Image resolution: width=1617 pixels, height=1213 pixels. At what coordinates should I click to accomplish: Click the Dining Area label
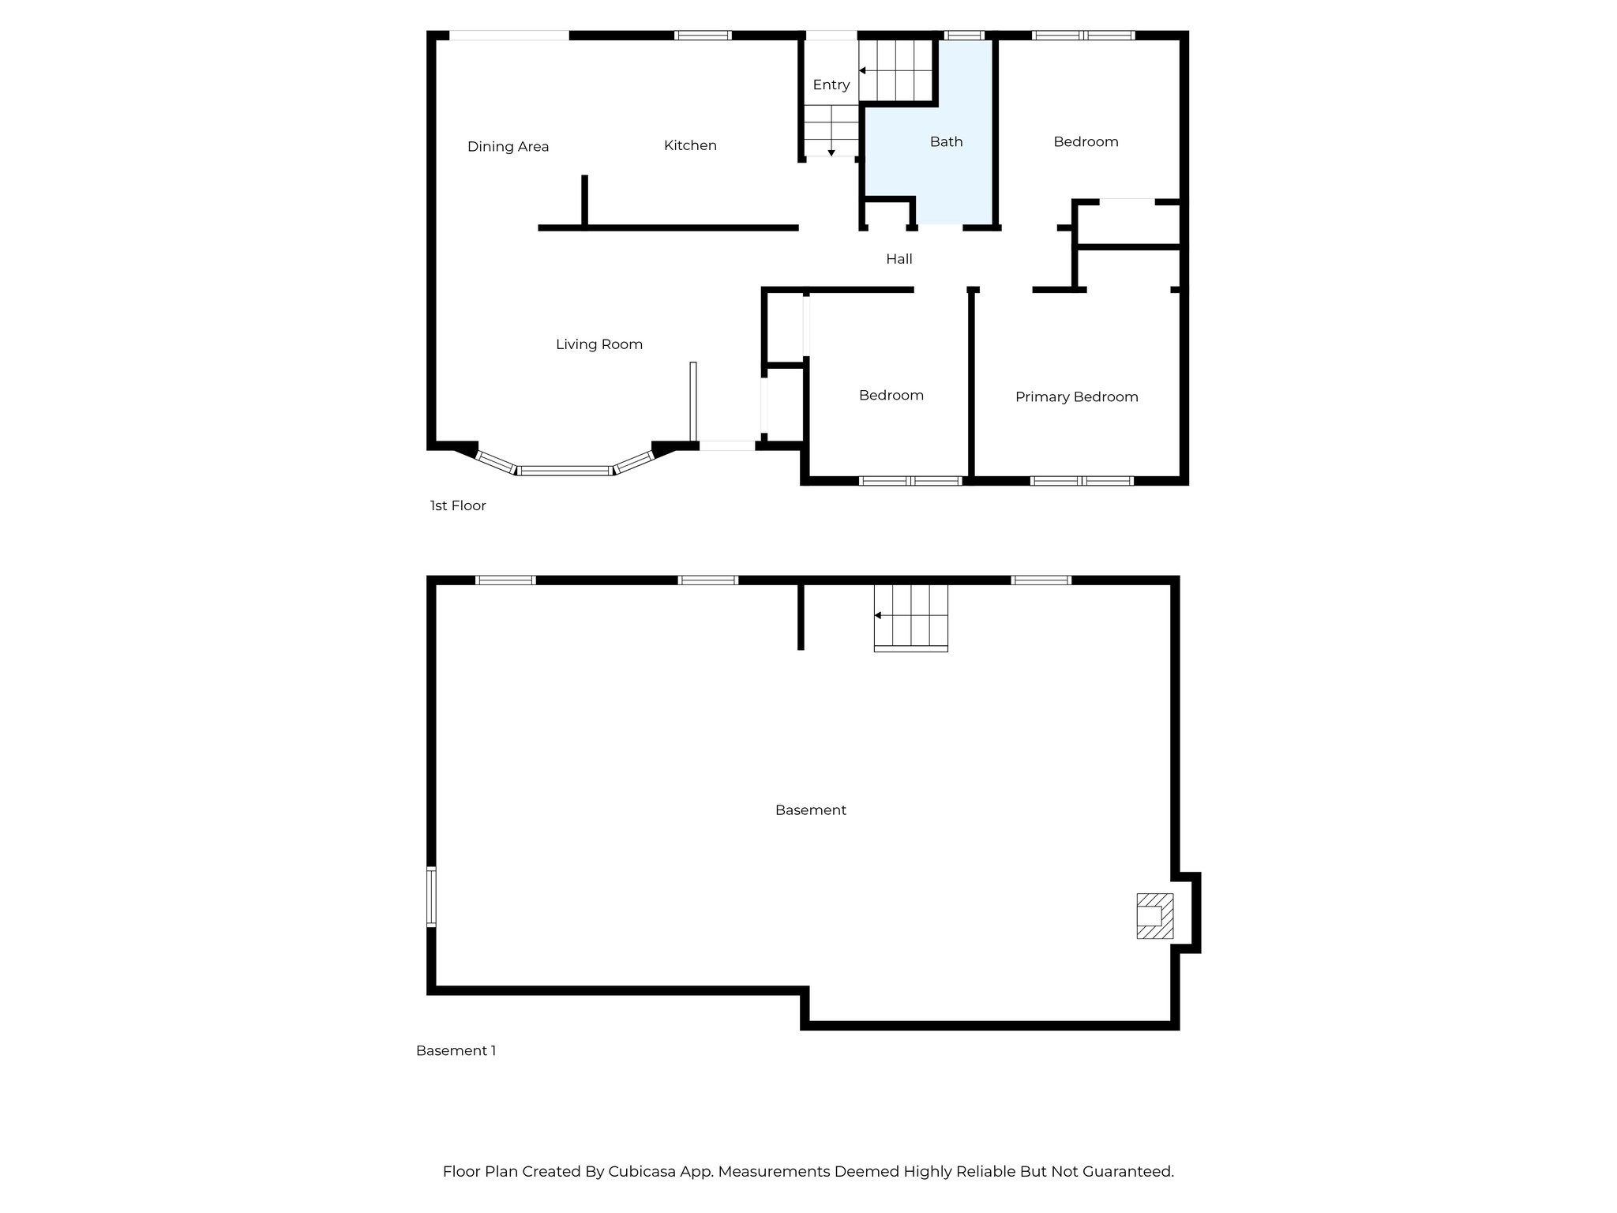[x=508, y=146]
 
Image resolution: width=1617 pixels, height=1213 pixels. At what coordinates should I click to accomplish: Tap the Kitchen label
[x=690, y=145]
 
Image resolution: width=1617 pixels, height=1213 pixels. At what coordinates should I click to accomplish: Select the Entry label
[x=831, y=84]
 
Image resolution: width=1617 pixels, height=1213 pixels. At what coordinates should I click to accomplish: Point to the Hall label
[x=899, y=259]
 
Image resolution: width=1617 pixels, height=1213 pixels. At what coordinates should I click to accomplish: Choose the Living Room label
[x=598, y=344]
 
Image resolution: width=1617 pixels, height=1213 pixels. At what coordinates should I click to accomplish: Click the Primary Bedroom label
[x=1076, y=397]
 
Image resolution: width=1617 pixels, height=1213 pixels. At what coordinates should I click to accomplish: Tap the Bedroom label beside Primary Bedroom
[x=891, y=396]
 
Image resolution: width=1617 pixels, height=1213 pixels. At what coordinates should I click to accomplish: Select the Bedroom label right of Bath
[x=1086, y=142]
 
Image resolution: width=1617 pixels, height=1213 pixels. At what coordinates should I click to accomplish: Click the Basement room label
[x=810, y=810]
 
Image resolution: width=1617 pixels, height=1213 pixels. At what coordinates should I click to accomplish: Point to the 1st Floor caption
[x=458, y=505]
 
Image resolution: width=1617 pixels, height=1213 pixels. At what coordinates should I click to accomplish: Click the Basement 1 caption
[x=456, y=1050]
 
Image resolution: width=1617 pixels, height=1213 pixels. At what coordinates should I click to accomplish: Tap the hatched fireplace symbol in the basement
[x=1154, y=916]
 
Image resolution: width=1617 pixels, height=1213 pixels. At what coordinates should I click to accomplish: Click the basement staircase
[x=910, y=617]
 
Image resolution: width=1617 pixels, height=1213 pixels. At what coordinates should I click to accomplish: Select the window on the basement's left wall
[x=431, y=896]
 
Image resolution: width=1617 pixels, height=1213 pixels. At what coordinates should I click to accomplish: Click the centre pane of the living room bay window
[x=565, y=471]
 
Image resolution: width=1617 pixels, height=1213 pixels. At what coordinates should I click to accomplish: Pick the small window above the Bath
[x=964, y=36]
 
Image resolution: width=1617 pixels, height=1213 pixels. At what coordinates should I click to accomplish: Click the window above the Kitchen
[x=703, y=36]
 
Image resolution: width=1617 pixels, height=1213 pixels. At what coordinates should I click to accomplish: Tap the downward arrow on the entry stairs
[x=831, y=151]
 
